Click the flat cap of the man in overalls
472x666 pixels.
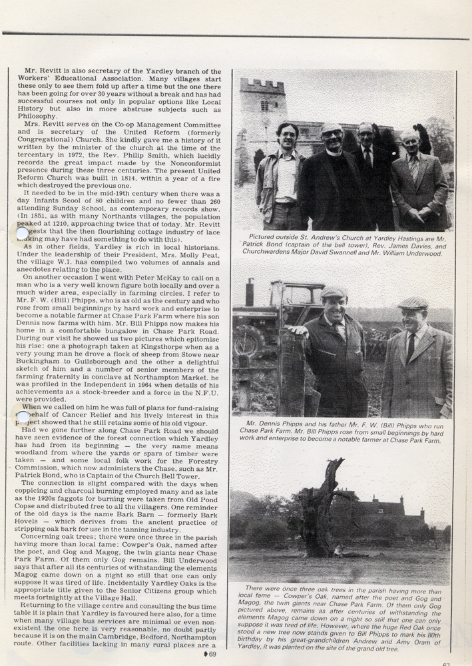coord(334,292)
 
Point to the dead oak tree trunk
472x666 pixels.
coord(315,513)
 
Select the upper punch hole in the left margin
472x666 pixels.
coord(23,232)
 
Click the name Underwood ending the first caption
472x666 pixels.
coord(422,254)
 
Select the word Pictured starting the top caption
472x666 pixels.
coord(264,236)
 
